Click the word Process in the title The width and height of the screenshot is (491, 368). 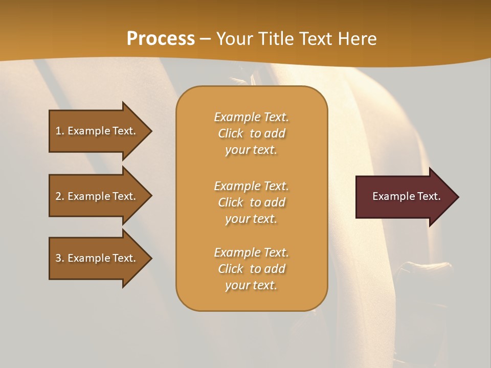pyautogui.click(x=161, y=39)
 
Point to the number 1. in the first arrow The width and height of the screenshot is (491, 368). pyautogui.click(x=60, y=131)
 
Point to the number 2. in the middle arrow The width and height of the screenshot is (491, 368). pyautogui.click(x=60, y=196)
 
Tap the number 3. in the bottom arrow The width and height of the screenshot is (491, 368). pyautogui.click(x=60, y=258)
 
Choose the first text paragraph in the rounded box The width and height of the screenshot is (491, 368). pyautogui.click(x=251, y=133)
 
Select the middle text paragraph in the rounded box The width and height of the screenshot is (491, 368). pyautogui.click(x=251, y=202)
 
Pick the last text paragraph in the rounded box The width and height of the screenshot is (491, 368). pyautogui.click(x=251, y=269)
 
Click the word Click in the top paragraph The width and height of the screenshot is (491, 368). pyautogui.click(x=231, y=133)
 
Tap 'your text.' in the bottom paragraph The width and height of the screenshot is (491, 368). pyautogui.click(x=251, y=285)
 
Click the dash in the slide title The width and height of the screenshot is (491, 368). pyautogui.click(x=205, y=39)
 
